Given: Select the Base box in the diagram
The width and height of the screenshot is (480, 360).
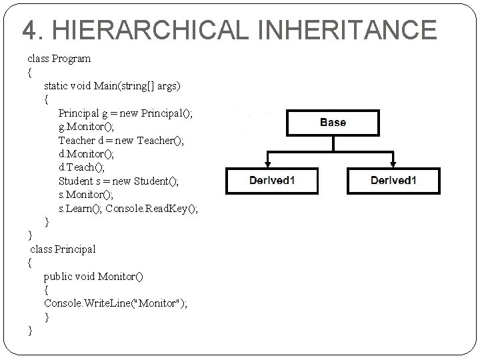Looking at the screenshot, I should pyautogui.click(x=333, y=123).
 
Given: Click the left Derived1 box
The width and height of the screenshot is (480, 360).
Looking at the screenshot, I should pyautogui.click(x=272, y=181).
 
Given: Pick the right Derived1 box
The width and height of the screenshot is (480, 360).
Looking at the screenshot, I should pyautogui.click(x=393, y=181).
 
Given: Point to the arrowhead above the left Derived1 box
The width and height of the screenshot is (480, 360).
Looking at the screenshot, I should pyautogui.click(x=267, y=162).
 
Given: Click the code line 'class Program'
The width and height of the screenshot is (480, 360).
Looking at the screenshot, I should pyautogui.click(x=59, y=59).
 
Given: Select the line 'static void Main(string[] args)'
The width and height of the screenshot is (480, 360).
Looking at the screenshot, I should pyautogui.click(x=112, y=86).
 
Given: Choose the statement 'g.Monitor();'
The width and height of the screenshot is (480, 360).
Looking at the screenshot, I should pyautogui.click(x=87, y=127).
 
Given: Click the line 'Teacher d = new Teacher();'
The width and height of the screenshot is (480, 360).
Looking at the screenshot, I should pyautogui.click(x=121, y=141).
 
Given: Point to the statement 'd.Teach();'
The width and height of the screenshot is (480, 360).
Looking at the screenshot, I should pyautogui.click(x=81, y=167).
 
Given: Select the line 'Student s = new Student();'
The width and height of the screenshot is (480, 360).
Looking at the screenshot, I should pyautogui.click(x=119, y=181).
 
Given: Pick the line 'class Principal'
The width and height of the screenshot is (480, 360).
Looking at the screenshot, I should pyautogui.click(x=63, y=249).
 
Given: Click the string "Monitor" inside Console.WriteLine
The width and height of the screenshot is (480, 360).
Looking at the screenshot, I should pyautogui.click(x=159, y=303).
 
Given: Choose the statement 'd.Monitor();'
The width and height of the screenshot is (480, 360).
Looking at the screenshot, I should pyautogui.click(x=87, y=154).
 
